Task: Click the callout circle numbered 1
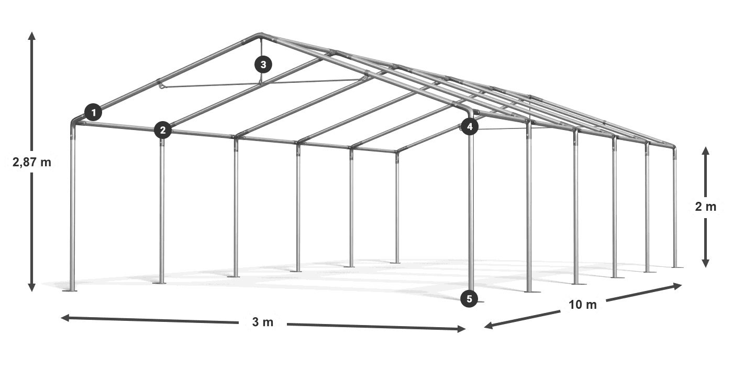[93, 112]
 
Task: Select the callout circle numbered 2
[163, 130]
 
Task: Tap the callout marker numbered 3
[263, 64]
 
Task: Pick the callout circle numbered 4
[470, 126]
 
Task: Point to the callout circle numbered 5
[469, 298]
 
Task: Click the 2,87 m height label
[32, 162]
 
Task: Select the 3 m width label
[263, 322]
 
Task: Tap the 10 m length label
[583, 305]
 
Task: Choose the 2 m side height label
[706, 207]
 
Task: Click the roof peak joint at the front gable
[261, 35]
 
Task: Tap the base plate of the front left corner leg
[70, 290]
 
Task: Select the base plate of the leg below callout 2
[160, 283]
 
